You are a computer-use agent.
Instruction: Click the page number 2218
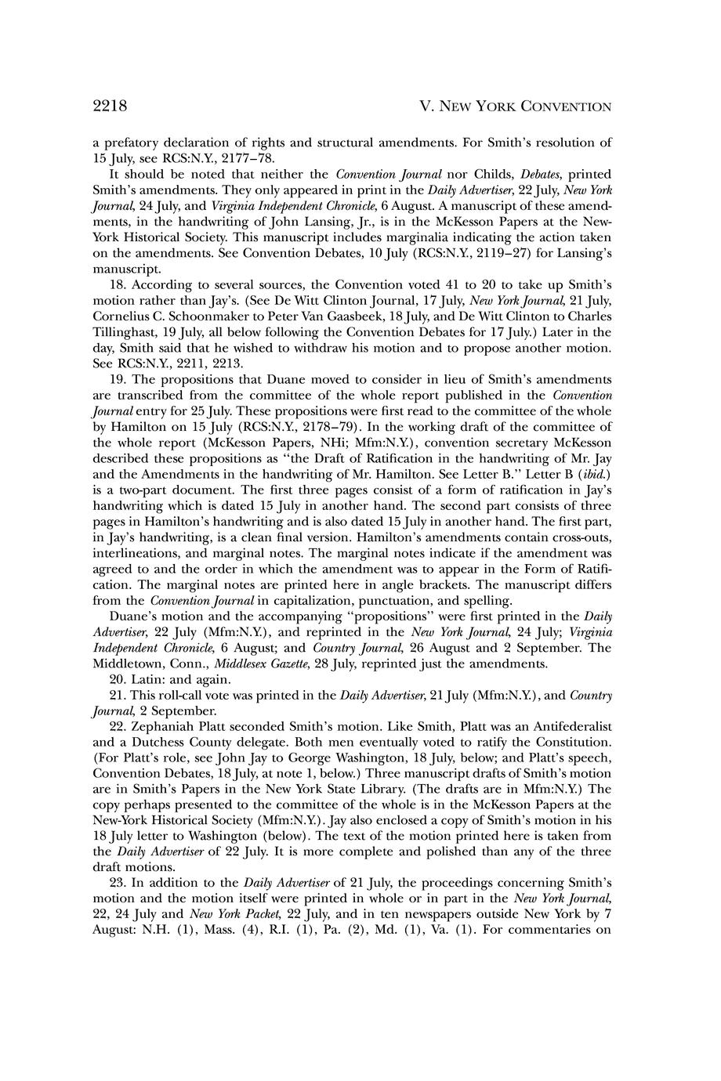[110, 106]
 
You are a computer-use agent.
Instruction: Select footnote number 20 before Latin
[119, 678]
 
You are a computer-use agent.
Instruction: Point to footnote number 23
[119, 882]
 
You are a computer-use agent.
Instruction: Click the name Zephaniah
[167, 725]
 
